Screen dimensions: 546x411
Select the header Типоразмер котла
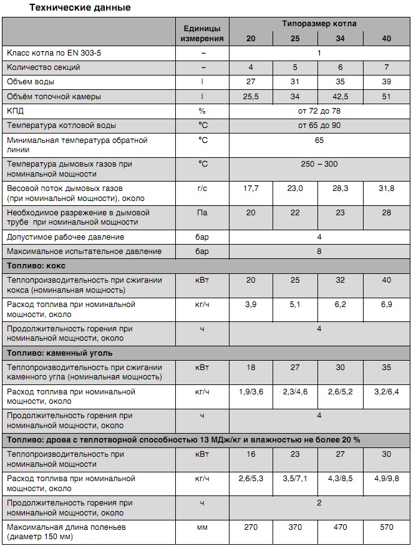pos(319,24)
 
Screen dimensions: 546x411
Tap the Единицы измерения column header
pos(202,34)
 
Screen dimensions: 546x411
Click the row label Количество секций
pos(43,67)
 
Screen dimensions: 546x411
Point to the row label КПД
pos(16,111)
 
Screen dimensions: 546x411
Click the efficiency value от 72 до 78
pos(319,111)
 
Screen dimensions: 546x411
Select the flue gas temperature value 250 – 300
pos(319,164)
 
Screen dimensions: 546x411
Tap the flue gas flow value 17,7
pos(251,188)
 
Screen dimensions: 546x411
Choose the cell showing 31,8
pos(387,188)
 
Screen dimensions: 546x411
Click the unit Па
pos(202,213)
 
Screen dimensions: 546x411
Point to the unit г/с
pos(202,188)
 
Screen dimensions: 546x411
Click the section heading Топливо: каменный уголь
pos(61,353)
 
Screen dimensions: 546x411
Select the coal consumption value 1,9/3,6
pos(251,392)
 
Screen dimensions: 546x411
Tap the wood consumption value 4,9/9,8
pos(387,479)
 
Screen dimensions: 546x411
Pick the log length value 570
pos(387,527)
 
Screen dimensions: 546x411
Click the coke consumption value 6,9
pos(387,305)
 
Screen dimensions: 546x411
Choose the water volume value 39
pos(387,82)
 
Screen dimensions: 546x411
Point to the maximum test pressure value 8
pos(319,251)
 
